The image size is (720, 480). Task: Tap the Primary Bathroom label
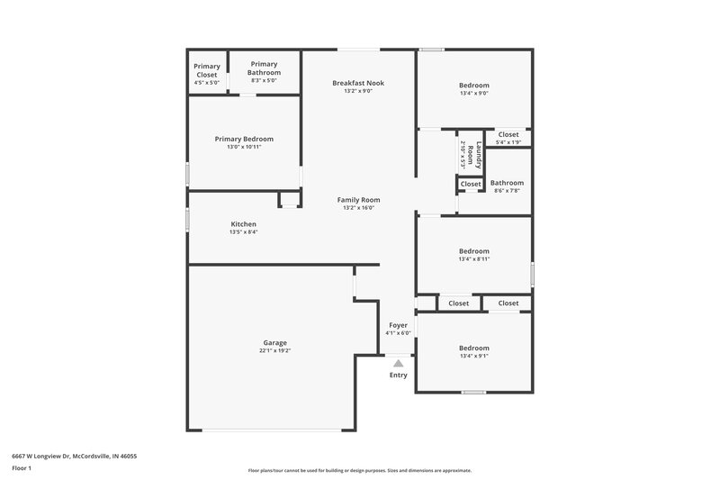coord(264,68)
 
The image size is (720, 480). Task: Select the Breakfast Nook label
coord(357,83)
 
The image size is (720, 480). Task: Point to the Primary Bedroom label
coord(244,139)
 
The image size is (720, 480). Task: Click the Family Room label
coord(358,200)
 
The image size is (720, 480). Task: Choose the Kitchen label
coord(243,224)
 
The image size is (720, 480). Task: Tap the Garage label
coord(275,343)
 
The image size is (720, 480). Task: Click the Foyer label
coord(398,325)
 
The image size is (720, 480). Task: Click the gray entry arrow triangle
coord(398,363)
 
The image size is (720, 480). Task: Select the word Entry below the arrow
coord(398,376)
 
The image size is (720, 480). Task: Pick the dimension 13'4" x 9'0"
coord(474,93)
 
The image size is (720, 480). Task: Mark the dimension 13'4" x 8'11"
coord(474,259)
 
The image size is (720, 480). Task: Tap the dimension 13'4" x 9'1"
coord(474,356)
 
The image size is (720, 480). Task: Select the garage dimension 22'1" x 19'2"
coord(275,351)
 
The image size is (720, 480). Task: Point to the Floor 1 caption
coord(22,469)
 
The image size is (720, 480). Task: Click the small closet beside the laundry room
coord(471,185)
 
